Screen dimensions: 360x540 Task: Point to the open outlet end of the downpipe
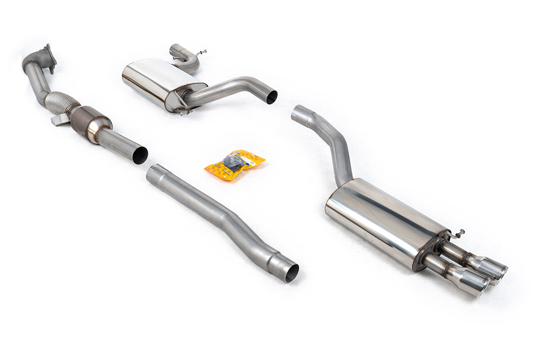139,155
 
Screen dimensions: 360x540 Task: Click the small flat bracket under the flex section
60,120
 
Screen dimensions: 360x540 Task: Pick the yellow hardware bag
234,164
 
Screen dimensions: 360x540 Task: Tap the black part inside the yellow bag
232,162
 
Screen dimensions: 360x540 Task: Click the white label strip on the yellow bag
249,161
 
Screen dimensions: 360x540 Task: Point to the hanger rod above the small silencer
200,53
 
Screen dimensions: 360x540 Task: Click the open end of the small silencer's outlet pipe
272,97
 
